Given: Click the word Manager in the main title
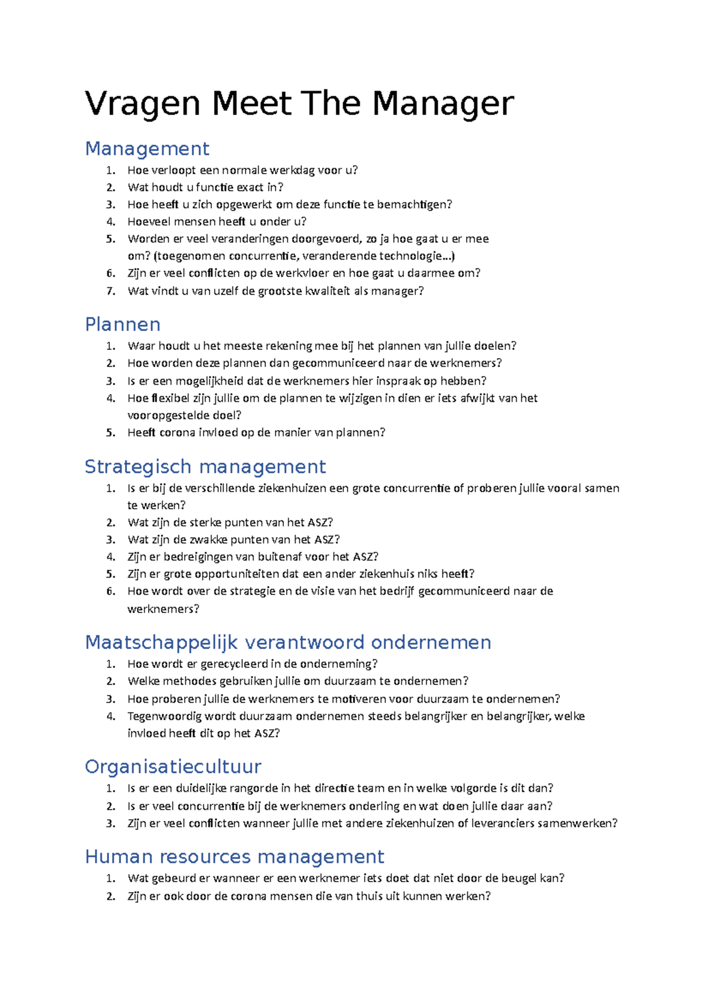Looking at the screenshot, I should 442,104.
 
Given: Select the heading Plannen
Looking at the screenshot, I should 123,324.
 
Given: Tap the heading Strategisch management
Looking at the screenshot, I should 205,466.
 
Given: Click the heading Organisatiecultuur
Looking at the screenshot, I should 173,766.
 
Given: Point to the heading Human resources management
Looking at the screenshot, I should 234,856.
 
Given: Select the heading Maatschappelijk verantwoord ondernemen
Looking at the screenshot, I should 288,642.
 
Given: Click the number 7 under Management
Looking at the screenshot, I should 111,291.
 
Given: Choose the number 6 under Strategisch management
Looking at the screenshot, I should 111,591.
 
